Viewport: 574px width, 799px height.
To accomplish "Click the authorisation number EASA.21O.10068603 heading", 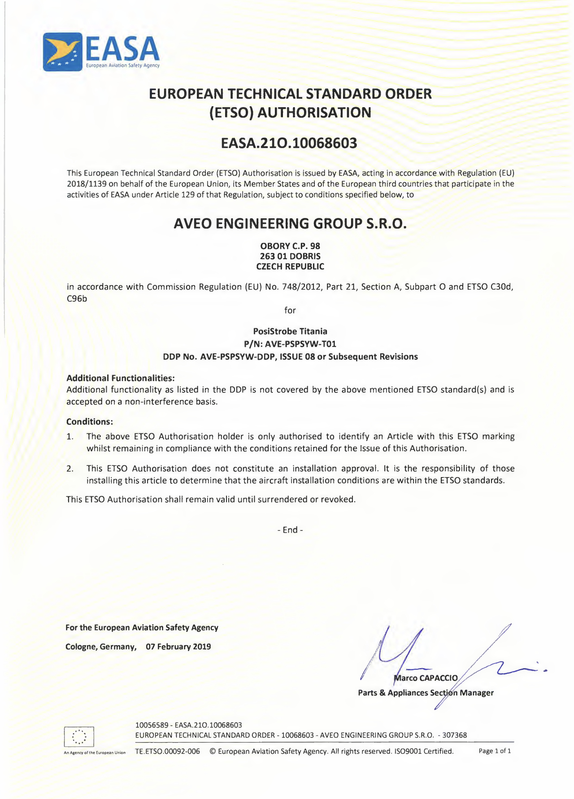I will tap(289, 143).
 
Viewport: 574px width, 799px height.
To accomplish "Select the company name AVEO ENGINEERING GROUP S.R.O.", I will tap(290, 223).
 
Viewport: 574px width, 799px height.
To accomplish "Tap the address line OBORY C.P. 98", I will tap(290, 246).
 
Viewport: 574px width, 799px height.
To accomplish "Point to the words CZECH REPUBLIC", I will tap(290, 267).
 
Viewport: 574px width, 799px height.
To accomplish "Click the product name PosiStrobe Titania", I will tap(290, 331).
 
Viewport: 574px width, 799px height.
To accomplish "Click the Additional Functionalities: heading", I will tap(120, 378).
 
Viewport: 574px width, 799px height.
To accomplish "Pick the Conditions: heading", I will tap(89, 421).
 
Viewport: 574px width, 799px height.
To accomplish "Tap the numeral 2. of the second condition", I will tap(70, 469).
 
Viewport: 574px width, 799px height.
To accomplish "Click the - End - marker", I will tap(290, 530).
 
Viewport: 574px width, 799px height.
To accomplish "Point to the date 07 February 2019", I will tap(178, 647).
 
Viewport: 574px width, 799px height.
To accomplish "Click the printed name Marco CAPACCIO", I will tap(426, 678).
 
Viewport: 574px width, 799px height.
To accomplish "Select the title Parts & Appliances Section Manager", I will tap(426, 693).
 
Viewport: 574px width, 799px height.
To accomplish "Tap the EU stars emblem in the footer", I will tap(78, 736).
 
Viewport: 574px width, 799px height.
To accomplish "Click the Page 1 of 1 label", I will tap(495, 751).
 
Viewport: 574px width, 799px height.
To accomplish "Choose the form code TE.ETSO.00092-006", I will tap(167, 751).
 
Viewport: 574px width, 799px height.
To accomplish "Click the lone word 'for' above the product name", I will tap(290, 310).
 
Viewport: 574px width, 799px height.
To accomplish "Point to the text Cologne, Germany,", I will tap(101, 647).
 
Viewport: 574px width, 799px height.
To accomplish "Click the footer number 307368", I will tap(454, 735).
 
